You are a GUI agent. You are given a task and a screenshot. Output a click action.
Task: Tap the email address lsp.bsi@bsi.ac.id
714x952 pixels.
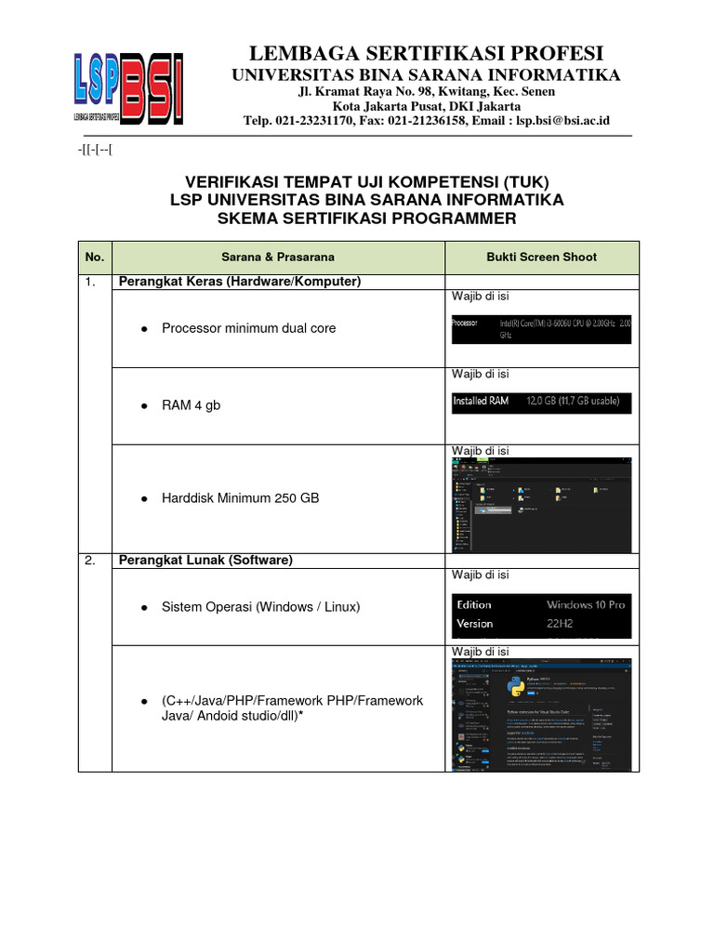562,121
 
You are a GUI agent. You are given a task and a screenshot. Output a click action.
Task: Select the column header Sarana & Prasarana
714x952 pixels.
278,257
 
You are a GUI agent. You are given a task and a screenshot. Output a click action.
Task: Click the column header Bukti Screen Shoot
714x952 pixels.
542,257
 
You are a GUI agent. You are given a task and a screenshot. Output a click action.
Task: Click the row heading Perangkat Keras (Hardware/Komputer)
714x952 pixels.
238,282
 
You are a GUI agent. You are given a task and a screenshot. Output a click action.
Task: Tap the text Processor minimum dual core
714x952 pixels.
248,328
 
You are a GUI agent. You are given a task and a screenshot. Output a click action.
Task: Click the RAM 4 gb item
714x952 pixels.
191,405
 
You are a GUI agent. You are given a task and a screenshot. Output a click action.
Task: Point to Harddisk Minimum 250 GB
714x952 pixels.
240,498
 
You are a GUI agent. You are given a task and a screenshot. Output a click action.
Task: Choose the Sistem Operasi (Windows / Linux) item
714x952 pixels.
260,607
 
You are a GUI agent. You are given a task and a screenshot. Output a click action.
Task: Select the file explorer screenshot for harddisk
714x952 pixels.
541,504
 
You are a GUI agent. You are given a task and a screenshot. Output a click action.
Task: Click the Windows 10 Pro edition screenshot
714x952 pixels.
541,615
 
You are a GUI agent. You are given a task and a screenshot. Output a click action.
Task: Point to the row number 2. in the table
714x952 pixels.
91,561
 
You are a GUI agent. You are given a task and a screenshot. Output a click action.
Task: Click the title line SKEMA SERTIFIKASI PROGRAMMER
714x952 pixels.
366,218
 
